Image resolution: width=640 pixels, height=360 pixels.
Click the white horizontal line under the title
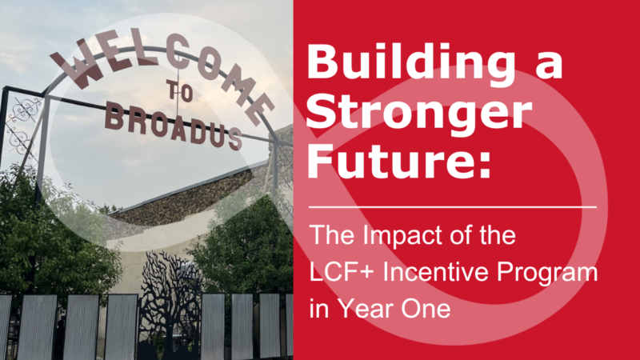453,207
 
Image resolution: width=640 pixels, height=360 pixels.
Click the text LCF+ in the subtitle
342,271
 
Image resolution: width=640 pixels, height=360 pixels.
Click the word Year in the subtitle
366,308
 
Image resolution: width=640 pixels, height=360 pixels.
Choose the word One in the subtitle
426,308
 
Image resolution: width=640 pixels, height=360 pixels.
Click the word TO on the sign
179,90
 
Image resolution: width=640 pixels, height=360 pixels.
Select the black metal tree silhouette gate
170,306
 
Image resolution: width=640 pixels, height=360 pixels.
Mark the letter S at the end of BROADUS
234,138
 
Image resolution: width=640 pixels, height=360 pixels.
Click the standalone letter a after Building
549,66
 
